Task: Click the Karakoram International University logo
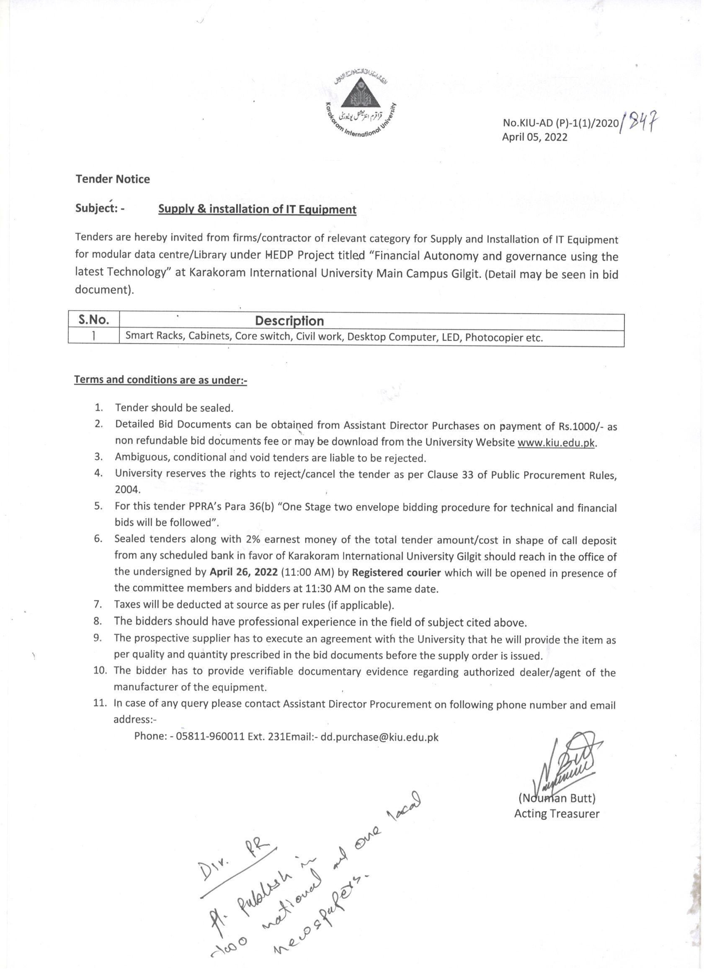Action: [361, 106]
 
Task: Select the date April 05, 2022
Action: [534, 137]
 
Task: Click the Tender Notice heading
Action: [113, 179]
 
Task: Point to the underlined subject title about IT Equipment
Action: [257, 209]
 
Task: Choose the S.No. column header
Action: [93, 320]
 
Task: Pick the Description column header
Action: [289, 321]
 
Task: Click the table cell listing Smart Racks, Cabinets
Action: [333, 337]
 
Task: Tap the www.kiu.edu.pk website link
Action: [556, 443]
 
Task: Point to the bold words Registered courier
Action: [396, 572]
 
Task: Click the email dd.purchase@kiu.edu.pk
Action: [379, 737]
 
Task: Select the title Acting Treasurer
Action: [557, 814]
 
